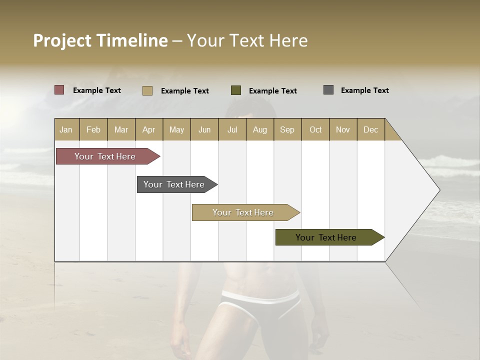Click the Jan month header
coord(66,129)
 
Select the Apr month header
coord(148,129)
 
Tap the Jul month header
coord(232,129)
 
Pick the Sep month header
coord(287,129)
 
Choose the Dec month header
coord(370,129)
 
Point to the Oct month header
coord(315,129)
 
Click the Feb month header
coord(93,129)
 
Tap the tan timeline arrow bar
coord(243,212)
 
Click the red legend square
coord(59,90)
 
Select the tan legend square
coord(147,90)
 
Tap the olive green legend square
coord(236,90)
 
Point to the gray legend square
coord(328,90)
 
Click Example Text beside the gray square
coord(364,90)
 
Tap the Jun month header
coord(204,129)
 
